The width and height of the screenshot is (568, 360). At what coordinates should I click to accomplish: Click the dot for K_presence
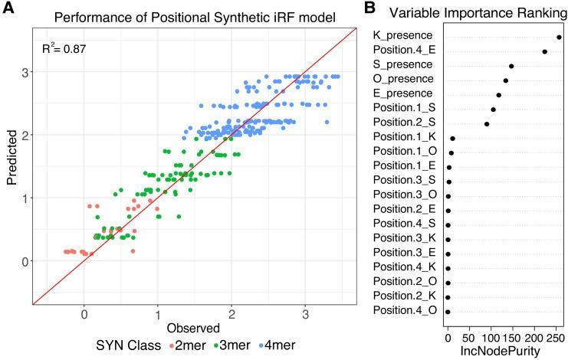tap(560, 37)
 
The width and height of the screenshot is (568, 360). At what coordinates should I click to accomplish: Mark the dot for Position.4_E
tap(544, 51)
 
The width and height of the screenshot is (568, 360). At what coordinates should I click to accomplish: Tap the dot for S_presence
tap(511, 66)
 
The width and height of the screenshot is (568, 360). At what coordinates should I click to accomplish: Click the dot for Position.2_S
tap(486, 124)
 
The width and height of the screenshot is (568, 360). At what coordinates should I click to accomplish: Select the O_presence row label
tap(402, 80)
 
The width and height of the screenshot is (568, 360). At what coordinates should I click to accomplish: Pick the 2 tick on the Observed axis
tap(231, 313)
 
